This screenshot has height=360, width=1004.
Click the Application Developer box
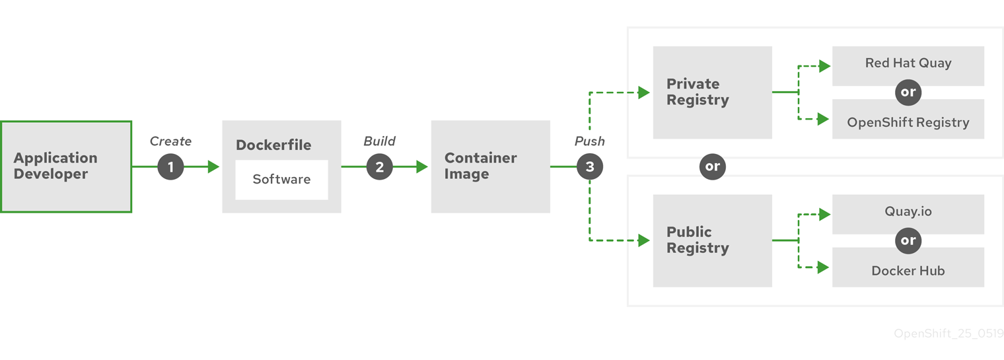click(x=65, y=166)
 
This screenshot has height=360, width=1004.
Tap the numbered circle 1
click(x=170, y=167)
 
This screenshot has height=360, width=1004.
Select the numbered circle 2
click(x=379, y=167)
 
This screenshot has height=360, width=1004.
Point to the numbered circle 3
click(x=589, y=167)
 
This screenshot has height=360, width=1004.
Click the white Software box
click(x=281, y=180)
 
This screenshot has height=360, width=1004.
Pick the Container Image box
click(x=490, y=166)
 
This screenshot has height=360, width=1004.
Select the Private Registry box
click(x=712, y=92)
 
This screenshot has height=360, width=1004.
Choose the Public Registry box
click(x=712, y=240)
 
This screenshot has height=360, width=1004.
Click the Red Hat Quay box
click(x=908, y=63)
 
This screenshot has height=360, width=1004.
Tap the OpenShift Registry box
click(x=908, y=122)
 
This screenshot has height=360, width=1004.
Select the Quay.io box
click(x=908, y=212)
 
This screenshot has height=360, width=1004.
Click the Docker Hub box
click(x=908, y=271)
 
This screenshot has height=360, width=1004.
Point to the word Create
click(x=170, y=141)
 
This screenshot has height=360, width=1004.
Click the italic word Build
click(x=379, y=141)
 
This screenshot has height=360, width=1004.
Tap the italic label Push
click(x=589, y=141)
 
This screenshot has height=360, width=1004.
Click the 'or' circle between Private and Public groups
click(x=712, y=166)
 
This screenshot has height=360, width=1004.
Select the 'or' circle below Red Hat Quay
click(x=908, y=92)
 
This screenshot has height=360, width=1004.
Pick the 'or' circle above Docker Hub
click(x=908, y=241)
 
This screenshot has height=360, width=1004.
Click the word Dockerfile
click(x=273, y=145)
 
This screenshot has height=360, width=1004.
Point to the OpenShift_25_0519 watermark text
click(x=949, y=334)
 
